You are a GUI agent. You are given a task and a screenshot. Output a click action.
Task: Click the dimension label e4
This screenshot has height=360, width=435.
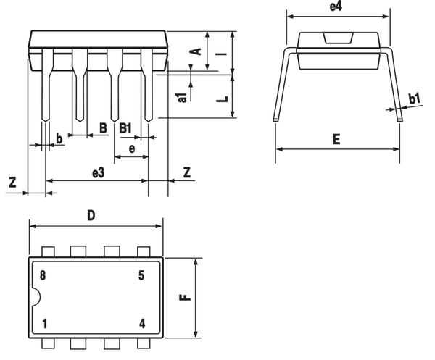point(336,7)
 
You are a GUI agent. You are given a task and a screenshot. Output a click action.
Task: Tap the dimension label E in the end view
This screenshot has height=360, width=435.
point(336,139)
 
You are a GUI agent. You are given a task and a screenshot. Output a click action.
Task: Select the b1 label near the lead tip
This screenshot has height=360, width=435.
point(415,99)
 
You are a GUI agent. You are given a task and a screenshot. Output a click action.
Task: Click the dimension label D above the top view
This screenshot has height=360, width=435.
point(91,215)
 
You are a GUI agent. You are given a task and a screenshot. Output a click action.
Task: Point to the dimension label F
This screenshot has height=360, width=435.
point(186,297)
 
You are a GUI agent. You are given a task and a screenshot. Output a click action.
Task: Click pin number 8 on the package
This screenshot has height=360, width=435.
point(43,275)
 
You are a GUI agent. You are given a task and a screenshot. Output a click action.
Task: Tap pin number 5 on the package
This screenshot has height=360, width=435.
point(141,275)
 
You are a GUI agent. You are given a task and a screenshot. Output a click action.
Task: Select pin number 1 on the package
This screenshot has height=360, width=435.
point(44,324)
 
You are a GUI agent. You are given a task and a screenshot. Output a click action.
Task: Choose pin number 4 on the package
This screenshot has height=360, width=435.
point(142,324)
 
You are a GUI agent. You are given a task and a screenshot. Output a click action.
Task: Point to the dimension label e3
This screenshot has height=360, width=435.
point(98,173)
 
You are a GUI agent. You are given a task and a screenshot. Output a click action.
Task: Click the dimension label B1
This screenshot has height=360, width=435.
point(125,128)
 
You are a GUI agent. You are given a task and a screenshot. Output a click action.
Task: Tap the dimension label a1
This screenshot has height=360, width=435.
point(182,98)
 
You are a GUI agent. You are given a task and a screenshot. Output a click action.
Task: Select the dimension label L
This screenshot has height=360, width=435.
point(223,99)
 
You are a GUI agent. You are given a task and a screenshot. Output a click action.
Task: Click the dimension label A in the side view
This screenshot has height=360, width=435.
point(196,51)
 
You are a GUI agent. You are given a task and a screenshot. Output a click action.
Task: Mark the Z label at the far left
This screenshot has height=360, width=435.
point(12,183)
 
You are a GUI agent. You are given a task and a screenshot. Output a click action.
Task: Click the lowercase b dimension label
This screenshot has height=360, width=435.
point(59,138)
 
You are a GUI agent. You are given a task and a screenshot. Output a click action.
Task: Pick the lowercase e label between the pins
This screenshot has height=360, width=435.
point(132,148)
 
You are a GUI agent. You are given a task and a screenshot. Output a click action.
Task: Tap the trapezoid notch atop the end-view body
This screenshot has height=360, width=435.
point(339,38)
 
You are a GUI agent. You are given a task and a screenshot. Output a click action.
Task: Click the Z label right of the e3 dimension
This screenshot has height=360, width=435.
point(187,172)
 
